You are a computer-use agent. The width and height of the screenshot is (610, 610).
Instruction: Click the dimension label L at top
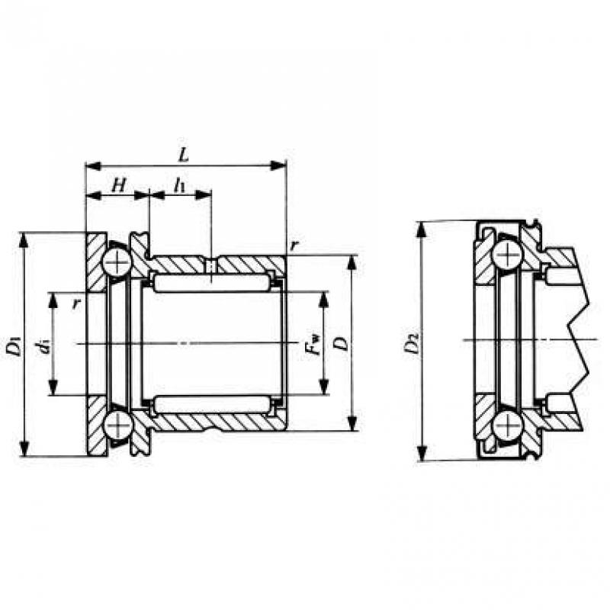(x=183, y=156)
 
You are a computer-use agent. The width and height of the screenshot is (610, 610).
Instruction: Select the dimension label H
(x=119, y=185)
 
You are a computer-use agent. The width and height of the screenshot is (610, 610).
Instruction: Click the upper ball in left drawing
(x=117, y=262)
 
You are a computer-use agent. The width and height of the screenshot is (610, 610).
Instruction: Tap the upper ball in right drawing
(x=506, y=255)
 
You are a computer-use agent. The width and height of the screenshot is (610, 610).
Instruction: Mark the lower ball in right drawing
(x=506, y=425)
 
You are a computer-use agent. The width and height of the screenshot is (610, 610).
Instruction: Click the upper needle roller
(x=212, y=282)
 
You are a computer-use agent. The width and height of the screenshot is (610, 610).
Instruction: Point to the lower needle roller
(x=212, y=405)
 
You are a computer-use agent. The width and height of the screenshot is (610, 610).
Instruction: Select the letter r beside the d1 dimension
(x=76, y=303)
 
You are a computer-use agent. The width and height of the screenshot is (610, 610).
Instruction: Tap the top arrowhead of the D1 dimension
(x=24, y=240)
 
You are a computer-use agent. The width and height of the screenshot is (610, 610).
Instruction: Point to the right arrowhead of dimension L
(x=279, y=165)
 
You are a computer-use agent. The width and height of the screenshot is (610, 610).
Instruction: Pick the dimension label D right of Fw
(x=342, y=344)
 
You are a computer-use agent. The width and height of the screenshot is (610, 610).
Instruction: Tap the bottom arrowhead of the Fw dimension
(x=323, y=387)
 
